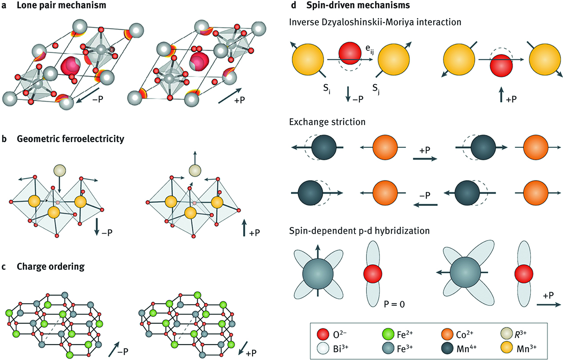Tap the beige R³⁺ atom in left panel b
pyautogui.click(x=58, y=169)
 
